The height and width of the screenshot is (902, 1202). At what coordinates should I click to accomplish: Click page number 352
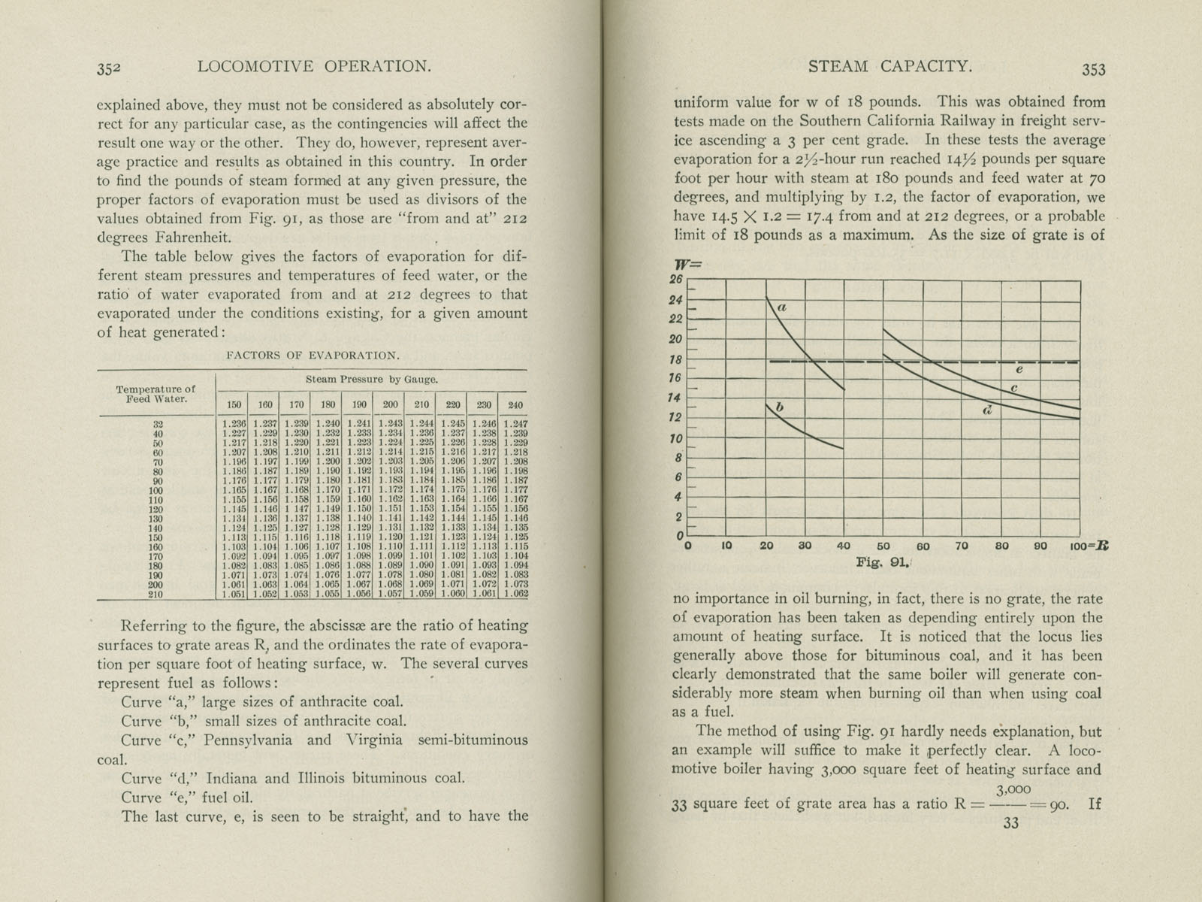[x=109, y=68]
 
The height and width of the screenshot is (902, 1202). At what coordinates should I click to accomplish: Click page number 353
[x=1093, y=69]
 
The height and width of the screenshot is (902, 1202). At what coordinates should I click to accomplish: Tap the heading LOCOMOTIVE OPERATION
[x=314, y=67]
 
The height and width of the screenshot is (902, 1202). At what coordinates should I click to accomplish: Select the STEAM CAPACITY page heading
[x=890, y=67]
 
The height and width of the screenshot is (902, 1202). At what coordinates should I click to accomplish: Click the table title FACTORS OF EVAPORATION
[x=313, y=356]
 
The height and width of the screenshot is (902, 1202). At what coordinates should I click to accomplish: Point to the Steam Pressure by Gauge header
[x=371, y=380]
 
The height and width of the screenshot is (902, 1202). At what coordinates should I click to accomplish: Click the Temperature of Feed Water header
[x=156, y=394]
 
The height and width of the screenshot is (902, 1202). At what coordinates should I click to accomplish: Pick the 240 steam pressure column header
[x=515, y=404]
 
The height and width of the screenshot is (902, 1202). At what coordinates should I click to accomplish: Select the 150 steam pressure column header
[x=234, y=404]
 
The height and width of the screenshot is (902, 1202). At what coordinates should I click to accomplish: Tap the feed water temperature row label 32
[x=159, y=424]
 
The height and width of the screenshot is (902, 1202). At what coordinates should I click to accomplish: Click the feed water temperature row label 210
[x=157, y=594]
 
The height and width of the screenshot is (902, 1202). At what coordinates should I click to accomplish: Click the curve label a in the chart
[x=781, y=307]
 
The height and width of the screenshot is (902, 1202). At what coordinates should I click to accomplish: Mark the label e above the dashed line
[x=1019, y=369]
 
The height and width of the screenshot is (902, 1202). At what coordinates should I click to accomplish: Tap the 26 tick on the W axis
[x=675, y=279]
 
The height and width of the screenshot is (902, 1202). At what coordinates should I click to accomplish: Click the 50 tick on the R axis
[x=883, y=546]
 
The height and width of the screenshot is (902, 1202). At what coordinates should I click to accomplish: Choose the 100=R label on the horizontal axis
[x=1089, y=546]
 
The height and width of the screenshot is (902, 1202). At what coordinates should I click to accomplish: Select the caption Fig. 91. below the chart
[x=883, y=561]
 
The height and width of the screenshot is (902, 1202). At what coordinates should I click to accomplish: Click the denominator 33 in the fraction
[x=1010, y=823]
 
